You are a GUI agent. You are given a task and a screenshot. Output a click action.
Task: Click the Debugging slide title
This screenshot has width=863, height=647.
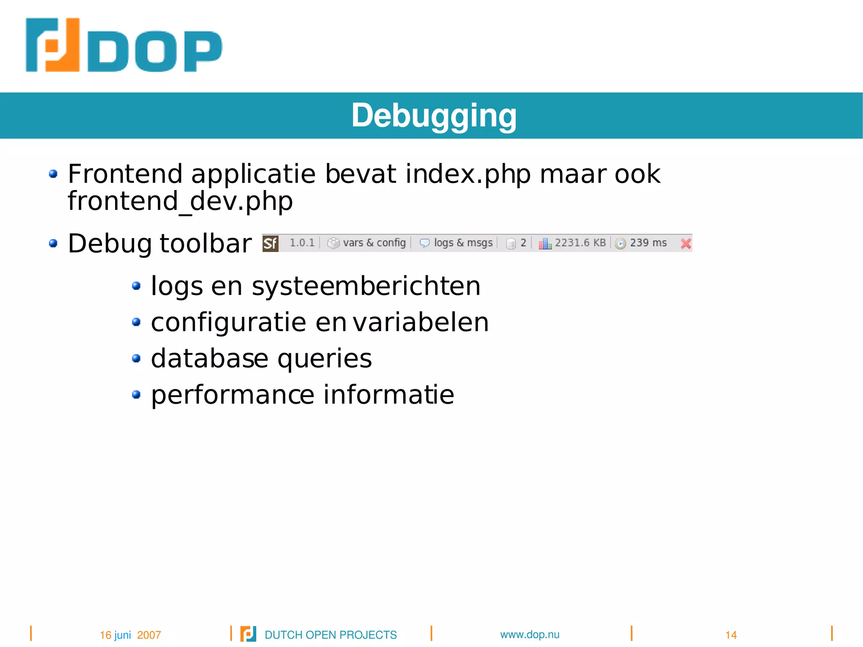434,115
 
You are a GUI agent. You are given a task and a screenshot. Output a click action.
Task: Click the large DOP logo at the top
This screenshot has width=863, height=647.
123,46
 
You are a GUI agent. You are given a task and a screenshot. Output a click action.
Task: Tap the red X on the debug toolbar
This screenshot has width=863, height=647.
686,243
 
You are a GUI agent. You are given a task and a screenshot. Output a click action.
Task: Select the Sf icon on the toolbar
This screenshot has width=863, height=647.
270,243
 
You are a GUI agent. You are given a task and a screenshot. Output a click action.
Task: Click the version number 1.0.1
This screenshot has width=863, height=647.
302,243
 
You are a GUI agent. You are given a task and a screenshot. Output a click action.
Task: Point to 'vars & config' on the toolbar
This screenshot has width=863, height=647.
374,243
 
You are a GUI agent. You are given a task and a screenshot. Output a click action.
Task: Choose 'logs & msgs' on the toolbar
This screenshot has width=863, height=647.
463,243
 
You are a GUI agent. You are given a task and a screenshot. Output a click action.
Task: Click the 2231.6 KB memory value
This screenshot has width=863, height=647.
580,243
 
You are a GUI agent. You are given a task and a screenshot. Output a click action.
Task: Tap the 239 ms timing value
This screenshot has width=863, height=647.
648,243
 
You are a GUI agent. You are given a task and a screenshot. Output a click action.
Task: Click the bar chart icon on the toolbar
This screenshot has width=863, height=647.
544,244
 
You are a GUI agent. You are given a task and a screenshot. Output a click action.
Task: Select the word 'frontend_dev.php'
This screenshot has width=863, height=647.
180,201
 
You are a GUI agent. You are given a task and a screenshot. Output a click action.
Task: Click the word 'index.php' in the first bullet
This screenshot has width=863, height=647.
468,174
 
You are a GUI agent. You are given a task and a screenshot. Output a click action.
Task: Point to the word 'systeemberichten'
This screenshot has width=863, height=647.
366,286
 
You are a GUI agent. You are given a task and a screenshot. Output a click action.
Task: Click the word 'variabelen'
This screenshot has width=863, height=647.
420,322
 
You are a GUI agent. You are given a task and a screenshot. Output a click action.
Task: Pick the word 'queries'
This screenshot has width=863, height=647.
324,359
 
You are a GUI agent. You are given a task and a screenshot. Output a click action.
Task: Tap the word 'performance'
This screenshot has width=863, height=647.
233,395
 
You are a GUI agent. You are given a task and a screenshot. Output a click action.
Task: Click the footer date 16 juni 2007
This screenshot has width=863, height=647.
130,635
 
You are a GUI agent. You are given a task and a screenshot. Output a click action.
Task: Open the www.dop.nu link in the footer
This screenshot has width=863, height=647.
530,634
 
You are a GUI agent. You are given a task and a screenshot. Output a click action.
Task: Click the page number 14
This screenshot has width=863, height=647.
731,635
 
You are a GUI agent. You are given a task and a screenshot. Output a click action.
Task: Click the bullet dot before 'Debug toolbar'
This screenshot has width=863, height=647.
53,243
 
